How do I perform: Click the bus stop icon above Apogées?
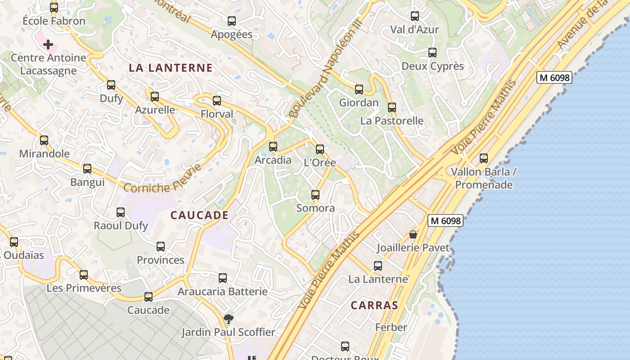(232, 21)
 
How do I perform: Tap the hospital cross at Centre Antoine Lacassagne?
(48, 45)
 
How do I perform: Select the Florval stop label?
(217, 114)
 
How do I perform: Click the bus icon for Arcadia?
(273, 146)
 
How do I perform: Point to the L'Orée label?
(320, 162)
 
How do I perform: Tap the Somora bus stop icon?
(315, 194)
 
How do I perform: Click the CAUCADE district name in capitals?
(199, 215)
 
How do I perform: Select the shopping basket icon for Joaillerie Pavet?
(413, 234)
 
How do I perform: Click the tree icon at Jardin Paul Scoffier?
(229, 319)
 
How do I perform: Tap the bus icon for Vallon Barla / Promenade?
(484, 158)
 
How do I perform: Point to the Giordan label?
(359, 103)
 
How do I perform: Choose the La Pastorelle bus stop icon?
(392, 107)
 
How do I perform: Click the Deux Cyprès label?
(432, 66)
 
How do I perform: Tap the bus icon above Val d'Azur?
(415, 16)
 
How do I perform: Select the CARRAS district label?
(374, 305)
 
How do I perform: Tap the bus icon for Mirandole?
(44, 140)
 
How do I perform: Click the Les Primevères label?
(84, 288)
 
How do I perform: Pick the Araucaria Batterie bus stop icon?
(223, 278)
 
